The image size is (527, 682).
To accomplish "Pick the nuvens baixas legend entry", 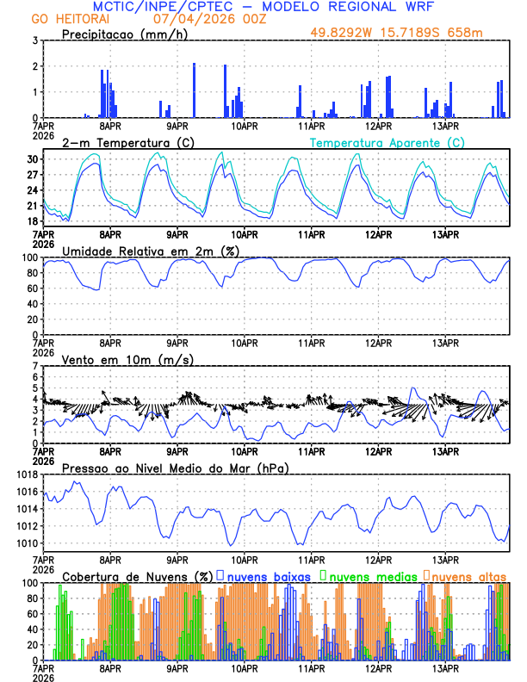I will tap(263, 576).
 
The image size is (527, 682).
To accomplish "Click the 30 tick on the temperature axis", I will tap(32, 159).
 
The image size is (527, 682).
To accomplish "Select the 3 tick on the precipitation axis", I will tap(34, 40).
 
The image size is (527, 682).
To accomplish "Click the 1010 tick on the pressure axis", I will tap(27, 543).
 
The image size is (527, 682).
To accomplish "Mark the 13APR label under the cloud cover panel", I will tap(444, 667).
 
